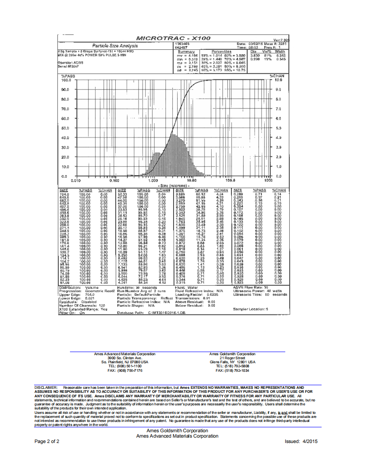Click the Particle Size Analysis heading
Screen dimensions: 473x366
(115, 46)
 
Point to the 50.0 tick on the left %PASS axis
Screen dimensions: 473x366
(66, 128)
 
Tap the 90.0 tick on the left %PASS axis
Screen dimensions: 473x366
(66, 90)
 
